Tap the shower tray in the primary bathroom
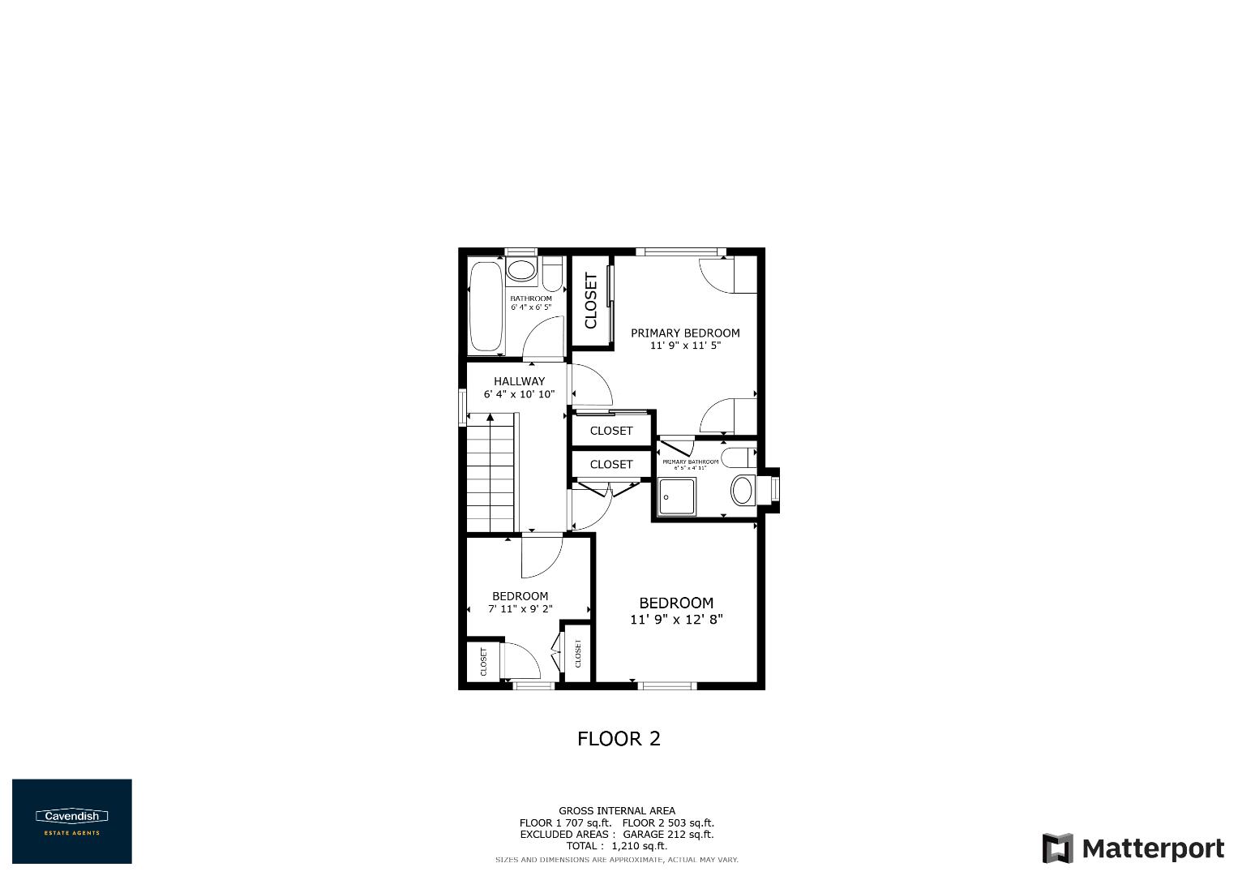[676, 496]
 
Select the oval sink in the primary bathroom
[742, 491]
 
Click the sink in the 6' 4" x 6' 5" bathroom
[521, 271]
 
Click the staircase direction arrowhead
[490, 418]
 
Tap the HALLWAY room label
[519, 381]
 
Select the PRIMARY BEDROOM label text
[685, 333]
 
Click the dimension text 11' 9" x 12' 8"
[676, 620]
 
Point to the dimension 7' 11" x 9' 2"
[520, 608]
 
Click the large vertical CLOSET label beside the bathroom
[590, 301]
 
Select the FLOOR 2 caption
[619, 739]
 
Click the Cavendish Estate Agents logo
[71, 821]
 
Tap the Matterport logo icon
[1057, 848]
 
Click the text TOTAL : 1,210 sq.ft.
[616, 846]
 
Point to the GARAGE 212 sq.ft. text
[668, 834]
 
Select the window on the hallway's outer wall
[462, 407]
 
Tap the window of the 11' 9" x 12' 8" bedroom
[668, 686]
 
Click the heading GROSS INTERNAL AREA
[616, 810]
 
